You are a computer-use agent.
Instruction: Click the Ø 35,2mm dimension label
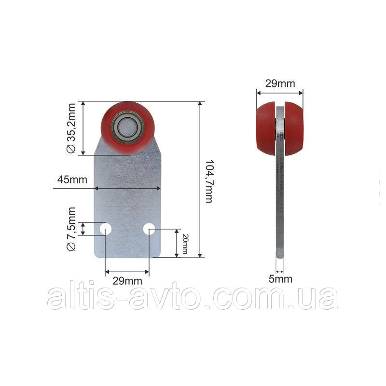[71, 128]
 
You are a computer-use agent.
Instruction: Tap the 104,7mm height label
[209, 181]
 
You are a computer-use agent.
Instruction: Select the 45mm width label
[72, 179]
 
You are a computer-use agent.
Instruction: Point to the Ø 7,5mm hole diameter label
[71, 229]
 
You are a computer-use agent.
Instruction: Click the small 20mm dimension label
[185, 244]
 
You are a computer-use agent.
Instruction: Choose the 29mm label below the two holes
[127, 281]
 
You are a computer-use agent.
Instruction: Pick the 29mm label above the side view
[280, 83]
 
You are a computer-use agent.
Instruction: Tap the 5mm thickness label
[280, 279]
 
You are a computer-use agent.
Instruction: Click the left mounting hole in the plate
[106, 229]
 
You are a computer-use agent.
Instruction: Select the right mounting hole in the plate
[149, 229]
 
